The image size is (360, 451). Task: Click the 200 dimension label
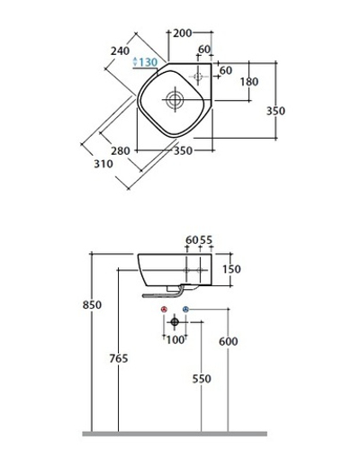coord(183,33)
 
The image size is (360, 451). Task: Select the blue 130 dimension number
coord(147,61)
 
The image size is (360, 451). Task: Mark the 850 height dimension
coord(78,305)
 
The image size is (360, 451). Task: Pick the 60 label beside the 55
coord(191,239)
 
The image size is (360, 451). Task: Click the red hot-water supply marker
coord(164,311)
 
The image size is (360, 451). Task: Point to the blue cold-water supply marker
coord(185,311)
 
